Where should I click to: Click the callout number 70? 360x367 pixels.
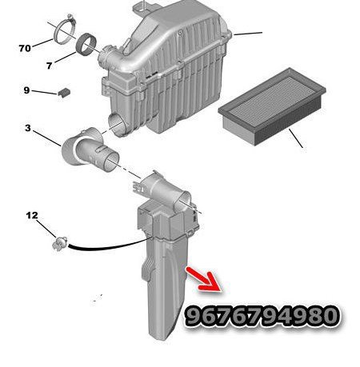point(25,48)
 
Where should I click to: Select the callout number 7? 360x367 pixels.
point(49,66)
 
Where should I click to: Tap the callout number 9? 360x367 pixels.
point(26,90)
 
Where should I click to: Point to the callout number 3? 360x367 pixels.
point(28,128)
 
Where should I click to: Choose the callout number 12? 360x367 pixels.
point(32,215)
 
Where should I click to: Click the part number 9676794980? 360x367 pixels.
point(262,316)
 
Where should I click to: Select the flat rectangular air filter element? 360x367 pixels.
point(272,106)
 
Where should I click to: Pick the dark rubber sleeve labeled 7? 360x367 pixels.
point(86,44)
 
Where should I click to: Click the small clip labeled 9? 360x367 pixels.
point(64,92)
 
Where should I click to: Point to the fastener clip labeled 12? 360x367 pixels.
point(60,243)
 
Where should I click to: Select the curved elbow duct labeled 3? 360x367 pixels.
point(90,150)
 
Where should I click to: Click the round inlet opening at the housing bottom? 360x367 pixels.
point(117,124)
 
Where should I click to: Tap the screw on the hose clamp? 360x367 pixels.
point(70,18)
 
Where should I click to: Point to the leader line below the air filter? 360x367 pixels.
point(296,138)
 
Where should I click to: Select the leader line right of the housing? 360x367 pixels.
point(247,34)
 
